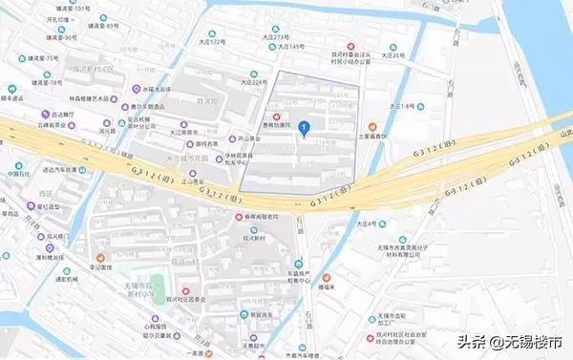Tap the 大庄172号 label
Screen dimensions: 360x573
[213, 43]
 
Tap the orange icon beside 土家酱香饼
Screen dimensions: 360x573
[372, 126]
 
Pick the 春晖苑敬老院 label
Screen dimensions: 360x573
[258, 217]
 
